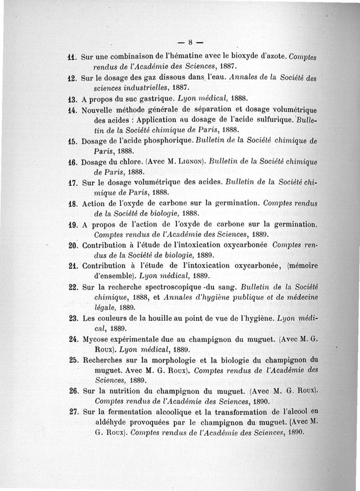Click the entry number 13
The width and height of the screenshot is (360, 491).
point(73,97)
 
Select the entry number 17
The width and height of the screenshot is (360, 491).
point(73,183)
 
